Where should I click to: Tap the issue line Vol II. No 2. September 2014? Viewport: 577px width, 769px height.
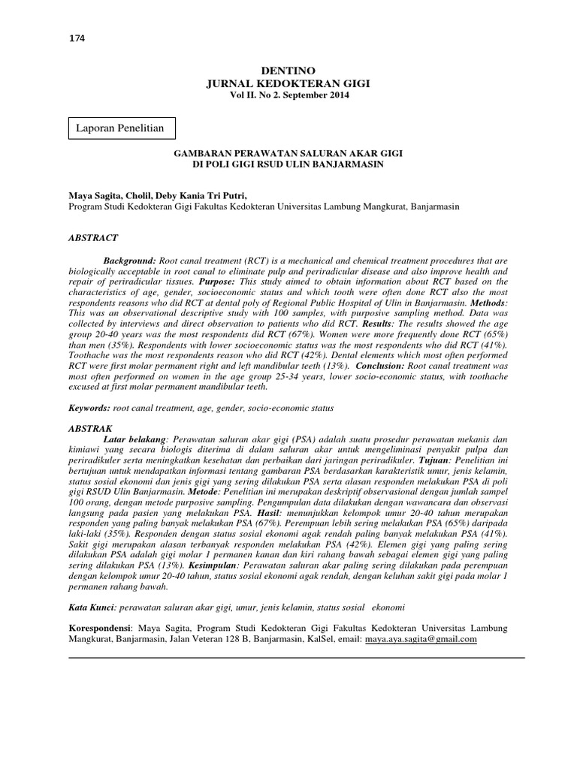tap(289, 95)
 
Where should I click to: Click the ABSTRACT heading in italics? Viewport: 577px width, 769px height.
tap(93, 237)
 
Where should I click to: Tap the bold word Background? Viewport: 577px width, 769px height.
tap(130, 258)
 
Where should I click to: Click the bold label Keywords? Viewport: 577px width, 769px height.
tap(89, 407)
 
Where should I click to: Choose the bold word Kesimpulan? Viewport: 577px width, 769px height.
tap(211, 562)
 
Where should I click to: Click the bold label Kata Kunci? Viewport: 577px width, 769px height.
tap(92, 605)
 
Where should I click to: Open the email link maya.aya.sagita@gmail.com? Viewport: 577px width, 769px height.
tap(421, 639)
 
